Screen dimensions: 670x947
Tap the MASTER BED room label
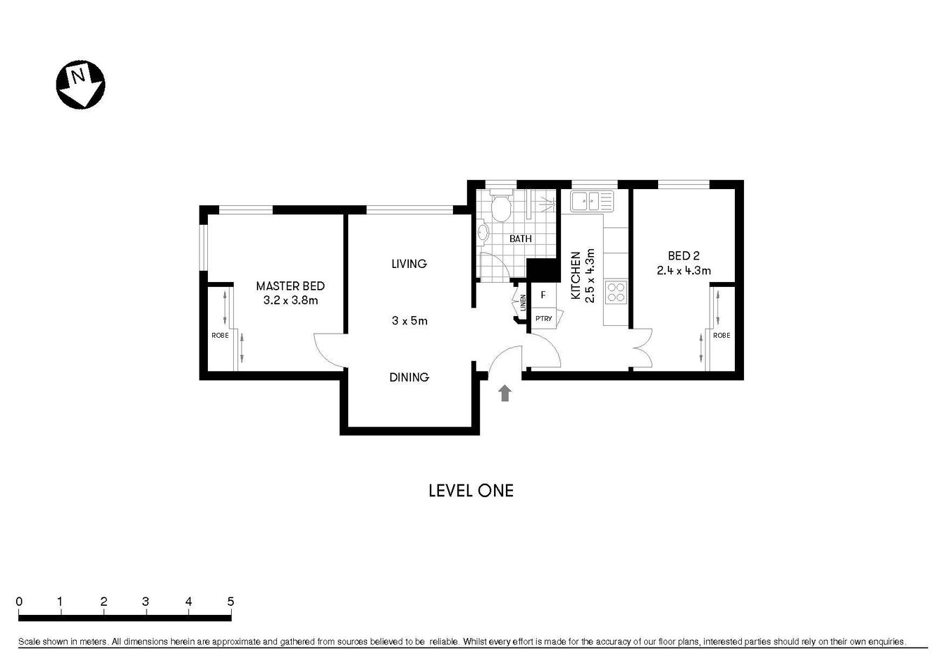click(x=290, y=286)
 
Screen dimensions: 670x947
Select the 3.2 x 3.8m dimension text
click(x=290, y=301)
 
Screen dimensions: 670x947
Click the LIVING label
click(x=409, y=264)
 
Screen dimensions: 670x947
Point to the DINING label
click(x=409, y=378)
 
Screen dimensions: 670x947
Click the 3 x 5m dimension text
click(x=409, y=321)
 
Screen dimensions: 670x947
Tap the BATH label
click(x=521, y=239)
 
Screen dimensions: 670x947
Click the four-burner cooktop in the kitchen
click(x=616, y=292)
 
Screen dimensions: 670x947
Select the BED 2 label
click(x=683, y=256)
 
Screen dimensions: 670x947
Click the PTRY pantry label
click(x=544, y=319)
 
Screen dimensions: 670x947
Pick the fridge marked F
click(x=543, y=295)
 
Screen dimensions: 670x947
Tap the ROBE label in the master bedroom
click(x=220, y=336)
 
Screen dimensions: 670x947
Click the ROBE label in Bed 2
click(x=722, y=336)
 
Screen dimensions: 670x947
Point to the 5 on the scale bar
click(x=230, y=602)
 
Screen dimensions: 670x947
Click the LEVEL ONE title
click(x=471, y=491)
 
